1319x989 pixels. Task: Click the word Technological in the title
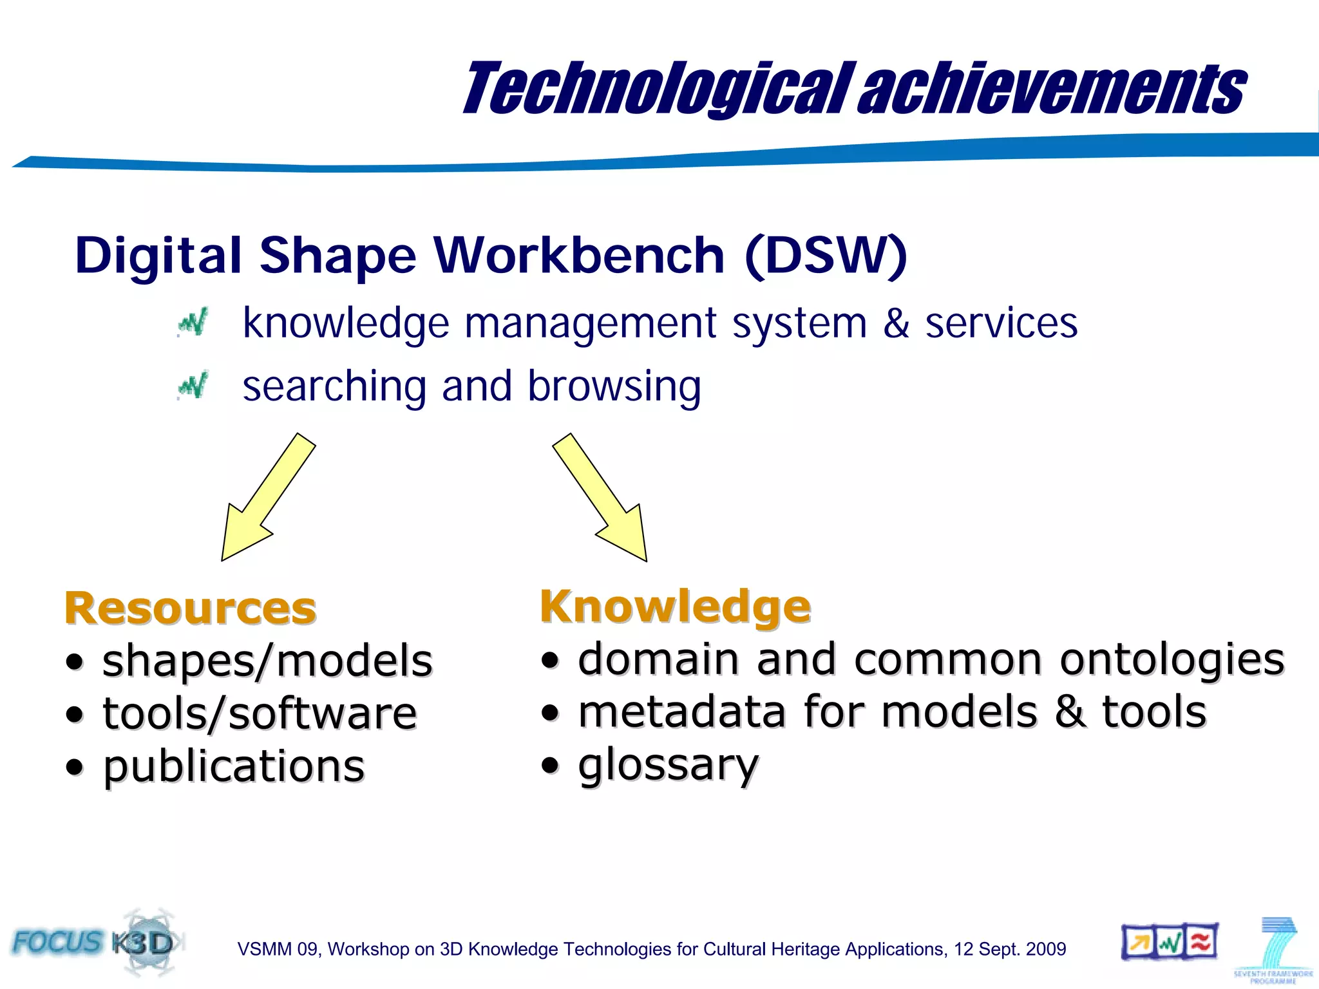[657, 89]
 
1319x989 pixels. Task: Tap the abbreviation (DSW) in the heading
[826, 256]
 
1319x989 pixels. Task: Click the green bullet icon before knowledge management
[193, 323]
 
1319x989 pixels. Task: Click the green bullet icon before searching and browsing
[193, 386]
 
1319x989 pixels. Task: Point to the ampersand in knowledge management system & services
[896, 323]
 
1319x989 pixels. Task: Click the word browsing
[614, 387]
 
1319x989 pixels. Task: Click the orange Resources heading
[191, 608]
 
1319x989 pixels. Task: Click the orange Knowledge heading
[675, 606]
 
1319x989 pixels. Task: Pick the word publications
[234, 766]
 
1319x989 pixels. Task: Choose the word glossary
[669, 765]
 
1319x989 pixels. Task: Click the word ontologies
[1172, 659]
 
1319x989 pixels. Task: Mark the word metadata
[682, 712]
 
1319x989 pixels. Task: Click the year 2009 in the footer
[1046, 949]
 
